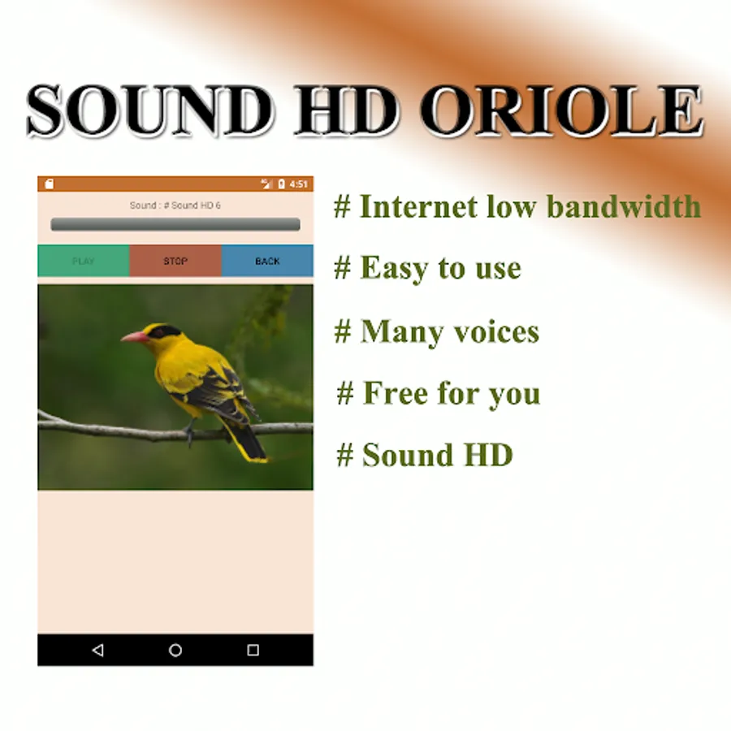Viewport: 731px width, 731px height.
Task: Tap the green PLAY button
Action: tap(84, 261)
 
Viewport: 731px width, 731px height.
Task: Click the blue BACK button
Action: tap(267, 261)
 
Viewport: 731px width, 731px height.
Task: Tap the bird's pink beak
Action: tap(134, 336)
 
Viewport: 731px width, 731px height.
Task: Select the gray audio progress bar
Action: tap(175, 224)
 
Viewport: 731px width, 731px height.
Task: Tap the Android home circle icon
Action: tap(175, 650)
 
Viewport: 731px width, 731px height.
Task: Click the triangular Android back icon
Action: tap(98, 650)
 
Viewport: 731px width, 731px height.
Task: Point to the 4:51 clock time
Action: tap(298, 184)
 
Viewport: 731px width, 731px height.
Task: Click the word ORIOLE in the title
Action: tap(562, 111)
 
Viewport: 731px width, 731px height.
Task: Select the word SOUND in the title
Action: tap(150, 111)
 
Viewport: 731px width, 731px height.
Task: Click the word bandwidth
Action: tap(624, 206)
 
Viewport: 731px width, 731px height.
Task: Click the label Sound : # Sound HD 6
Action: tap(175, 205)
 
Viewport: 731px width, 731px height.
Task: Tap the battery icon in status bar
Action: tap(281, 184)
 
